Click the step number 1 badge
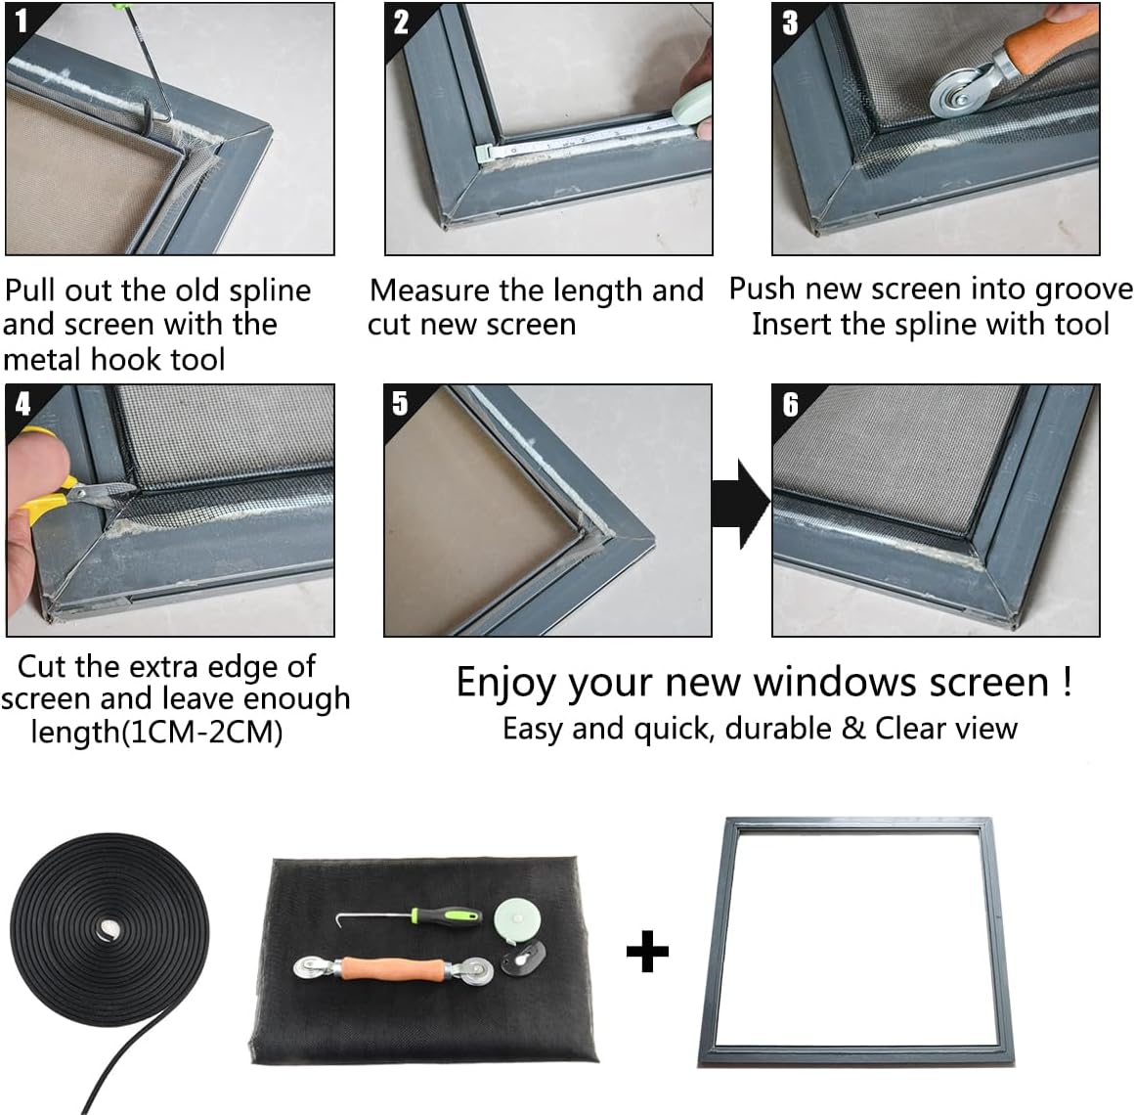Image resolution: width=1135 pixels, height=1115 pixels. [x=22, y=21]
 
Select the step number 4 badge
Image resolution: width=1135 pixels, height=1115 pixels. [x=22, y=403]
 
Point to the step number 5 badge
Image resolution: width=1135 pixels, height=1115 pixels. [x=400, y=403]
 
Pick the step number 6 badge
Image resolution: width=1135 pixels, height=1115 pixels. [x=790, y=403]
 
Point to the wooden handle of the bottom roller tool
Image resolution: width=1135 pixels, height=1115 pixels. [x=391, y=968]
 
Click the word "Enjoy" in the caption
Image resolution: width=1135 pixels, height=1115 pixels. [x=504, y=682]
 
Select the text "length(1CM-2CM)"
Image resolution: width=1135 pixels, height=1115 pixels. [x=156, y=732]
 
